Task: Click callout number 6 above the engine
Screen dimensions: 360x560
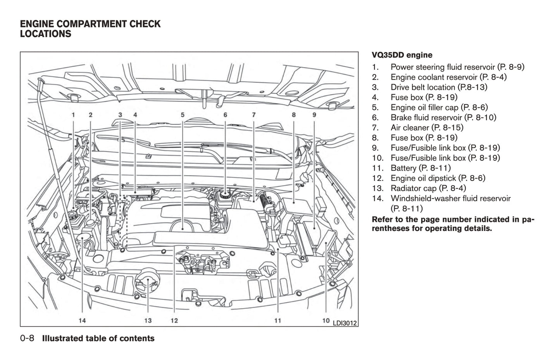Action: pyautogui.click(x=225, y=115)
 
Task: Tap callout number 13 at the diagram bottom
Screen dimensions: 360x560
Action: pyautogui.click(x=148, y=320)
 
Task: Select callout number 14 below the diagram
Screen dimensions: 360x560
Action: pyautogui.click(x=82, y=320)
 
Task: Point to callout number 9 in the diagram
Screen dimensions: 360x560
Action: pyautogui.click(x=314, y=115)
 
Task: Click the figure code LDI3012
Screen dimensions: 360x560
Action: pyautogui.click(x=345, y=322)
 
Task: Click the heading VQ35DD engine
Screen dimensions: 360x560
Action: pyautogui.click(x=402, y=55)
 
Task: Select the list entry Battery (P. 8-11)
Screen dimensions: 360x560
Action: pyautogui.click(x=420, y=168)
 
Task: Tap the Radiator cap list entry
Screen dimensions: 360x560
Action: pyautogui.click(x=428, y=188)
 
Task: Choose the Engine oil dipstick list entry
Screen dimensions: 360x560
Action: pyautogui.click(x=438, y=178)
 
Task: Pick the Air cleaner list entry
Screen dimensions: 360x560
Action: pyautogui.click(x=427, y=127)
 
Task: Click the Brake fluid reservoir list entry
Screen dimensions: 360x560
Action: pyautogui.click(x=443, y=117)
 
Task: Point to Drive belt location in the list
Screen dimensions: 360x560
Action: pyautogui.click(x=439, y=87)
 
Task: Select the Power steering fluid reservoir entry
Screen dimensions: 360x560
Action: pyautogui.click(x=457, y=67)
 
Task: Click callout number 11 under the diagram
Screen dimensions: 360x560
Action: pyautogui.click(x=277, y=320)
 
